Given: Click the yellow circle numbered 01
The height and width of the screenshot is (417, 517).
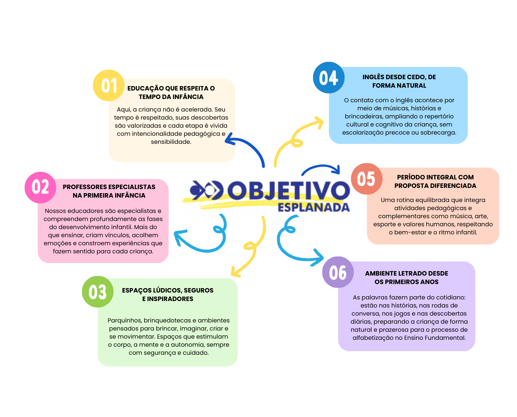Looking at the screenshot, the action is click(108, 85).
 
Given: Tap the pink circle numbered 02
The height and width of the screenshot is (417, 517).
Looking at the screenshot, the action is click(40, 187).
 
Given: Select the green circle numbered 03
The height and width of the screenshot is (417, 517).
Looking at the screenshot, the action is click(97, 291).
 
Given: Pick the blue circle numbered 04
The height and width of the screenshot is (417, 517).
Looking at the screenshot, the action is click(328, 78).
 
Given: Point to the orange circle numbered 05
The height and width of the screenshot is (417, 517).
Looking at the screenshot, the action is click(366, 179).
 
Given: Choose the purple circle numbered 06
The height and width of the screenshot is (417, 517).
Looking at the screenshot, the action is click(338, 272).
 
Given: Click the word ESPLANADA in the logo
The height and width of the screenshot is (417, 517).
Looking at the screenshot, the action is click(313, 207).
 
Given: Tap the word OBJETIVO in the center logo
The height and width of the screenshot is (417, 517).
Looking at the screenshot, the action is click(288, 190).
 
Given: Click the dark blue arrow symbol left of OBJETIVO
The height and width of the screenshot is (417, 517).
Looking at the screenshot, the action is click(206, 190).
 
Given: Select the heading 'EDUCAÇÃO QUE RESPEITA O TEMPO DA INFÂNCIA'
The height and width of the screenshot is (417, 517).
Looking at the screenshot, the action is click(171, 92).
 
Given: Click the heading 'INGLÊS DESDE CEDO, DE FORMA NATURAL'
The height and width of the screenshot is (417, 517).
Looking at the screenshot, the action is click(399, 81).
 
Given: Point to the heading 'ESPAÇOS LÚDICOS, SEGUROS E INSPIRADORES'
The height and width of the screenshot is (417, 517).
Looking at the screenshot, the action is click(168, 294).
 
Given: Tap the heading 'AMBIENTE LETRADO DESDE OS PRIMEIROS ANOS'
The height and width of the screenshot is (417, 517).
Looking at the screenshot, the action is click(406, 277).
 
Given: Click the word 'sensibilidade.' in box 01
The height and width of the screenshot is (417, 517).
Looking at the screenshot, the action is click(171, 141).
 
